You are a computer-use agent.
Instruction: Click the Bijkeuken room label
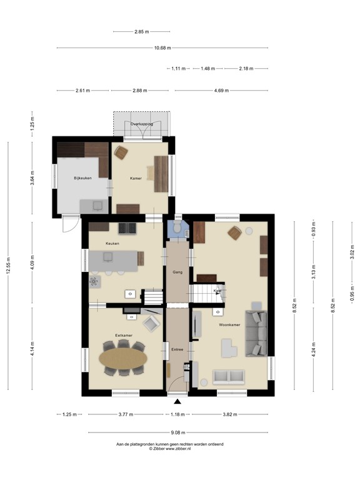(x=82, y=178)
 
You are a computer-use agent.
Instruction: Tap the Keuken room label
(x=112, y=243)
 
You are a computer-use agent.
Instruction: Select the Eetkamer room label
(x=123, y=336)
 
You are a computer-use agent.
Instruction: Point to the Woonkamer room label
(x=229, y=325)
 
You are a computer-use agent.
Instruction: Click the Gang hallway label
(x=177, y=273)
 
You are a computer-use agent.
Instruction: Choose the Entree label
(x=177, y=349)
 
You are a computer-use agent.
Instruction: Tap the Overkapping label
(x=142, y=124)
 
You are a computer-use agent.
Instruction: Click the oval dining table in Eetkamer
(x=124, y=358)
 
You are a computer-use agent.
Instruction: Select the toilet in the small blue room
(x=179, y=229)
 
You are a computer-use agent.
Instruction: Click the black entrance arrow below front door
(x=177, y=402)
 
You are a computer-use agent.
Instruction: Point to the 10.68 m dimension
(x=162, y=47)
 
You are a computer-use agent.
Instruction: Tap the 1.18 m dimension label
(x=178, y=414)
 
